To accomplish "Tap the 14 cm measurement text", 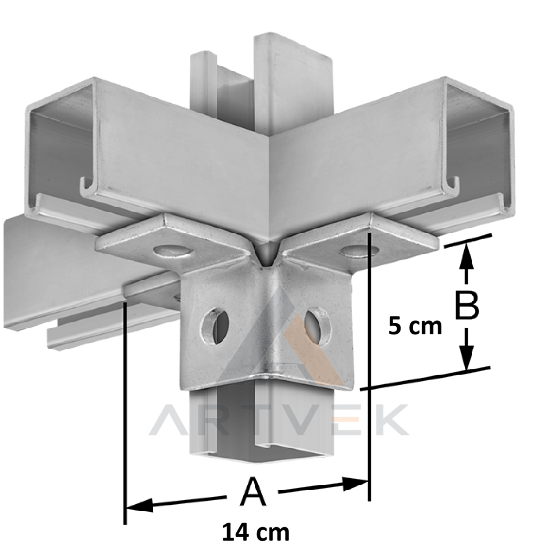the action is [256, 531].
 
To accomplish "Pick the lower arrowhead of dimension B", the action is [467, 357].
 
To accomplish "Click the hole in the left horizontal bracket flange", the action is [172, 250].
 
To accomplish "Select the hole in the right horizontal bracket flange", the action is [360, 250].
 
